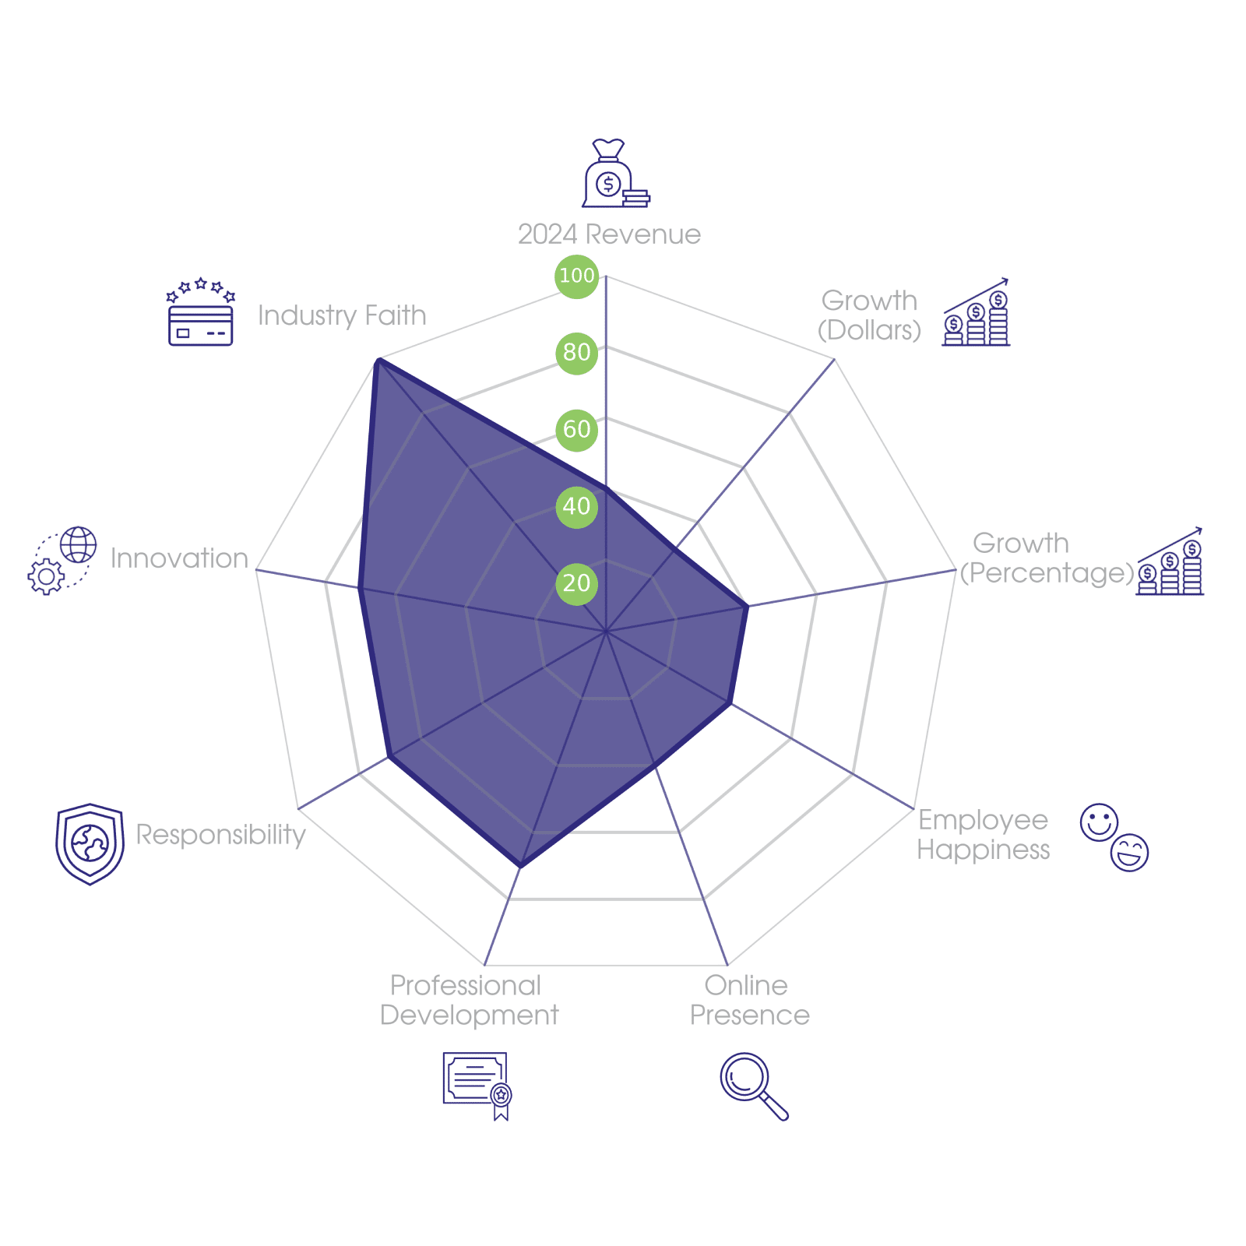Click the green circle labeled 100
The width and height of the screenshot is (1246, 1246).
tap(576, 276)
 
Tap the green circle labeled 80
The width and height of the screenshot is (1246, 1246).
tap(576, 353)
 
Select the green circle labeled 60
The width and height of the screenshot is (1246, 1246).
tap(576, 429)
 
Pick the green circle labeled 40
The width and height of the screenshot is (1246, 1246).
tap(576, 506)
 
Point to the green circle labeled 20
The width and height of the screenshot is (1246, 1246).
tap(576, 583)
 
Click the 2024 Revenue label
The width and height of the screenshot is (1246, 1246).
tap(609, 234)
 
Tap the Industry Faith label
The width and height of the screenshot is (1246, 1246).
tap(342, 315)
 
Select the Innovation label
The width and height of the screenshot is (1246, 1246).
tap(179, 558)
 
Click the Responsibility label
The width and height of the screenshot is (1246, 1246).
tap(221, 835)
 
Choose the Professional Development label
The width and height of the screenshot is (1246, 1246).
tap(469, 1001)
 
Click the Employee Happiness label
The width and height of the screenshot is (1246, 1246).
tap(983, 835)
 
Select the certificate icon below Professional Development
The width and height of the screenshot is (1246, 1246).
tap(477, 1085)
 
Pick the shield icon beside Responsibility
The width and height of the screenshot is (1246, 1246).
tap(90, 844)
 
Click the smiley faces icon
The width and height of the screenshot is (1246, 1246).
tap(1114, 837)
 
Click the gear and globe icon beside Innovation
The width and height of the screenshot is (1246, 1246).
tap(62, 561)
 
